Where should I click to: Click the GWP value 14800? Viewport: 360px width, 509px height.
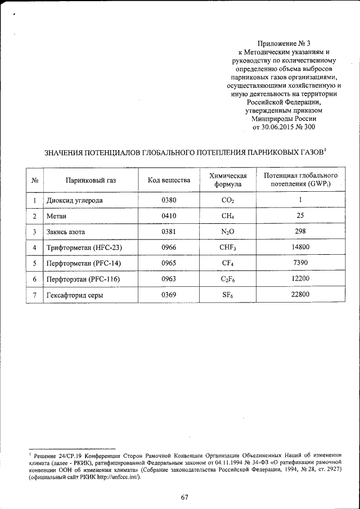(x=300, y=247)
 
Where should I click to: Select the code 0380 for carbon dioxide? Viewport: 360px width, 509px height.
(x=169, y=200)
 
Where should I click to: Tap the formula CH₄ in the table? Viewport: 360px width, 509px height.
(x=228, y=215)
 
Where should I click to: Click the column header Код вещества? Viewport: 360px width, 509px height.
(x=169, y=180)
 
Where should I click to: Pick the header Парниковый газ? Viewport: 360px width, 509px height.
(x=90, y=180)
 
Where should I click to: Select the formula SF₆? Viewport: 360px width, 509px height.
(x=228, y=294)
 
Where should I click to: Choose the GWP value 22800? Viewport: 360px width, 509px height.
(x=300, y=294)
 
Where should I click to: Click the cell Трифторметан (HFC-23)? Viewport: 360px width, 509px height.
(x=84, y=247)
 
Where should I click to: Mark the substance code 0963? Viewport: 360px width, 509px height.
(x=169, y=278)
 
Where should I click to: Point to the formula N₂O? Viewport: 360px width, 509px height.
(x=228, y=232)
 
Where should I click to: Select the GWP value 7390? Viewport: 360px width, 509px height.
(x=300, y=263)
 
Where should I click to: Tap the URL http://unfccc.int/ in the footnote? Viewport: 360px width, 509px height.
(x=111, y=477)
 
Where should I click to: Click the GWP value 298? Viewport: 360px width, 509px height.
(x=300, y=231)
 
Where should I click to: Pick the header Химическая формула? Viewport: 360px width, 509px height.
(x=228, y=180)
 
